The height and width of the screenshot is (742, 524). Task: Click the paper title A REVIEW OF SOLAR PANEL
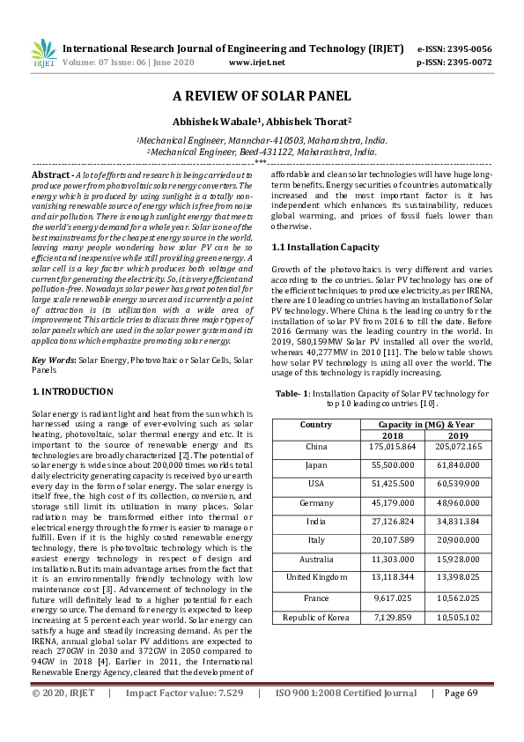(x=262, y=96)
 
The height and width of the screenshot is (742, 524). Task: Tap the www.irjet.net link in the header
(x=256, y=63)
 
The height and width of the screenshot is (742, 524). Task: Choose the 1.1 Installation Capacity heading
(x=325, y=247)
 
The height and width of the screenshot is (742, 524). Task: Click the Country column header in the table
(x=315, y=424)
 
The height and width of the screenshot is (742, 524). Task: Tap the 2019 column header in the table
(x=458, y=435)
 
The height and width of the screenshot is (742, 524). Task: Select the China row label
(x=315, y=447)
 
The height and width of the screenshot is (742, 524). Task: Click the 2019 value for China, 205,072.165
(x=458, y=447)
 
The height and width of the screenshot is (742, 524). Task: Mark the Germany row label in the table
(x=315, y=503)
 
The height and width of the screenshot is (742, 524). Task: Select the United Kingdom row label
(x=315, y=577)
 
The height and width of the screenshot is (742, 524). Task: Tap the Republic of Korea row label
(x=315, y=617)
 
